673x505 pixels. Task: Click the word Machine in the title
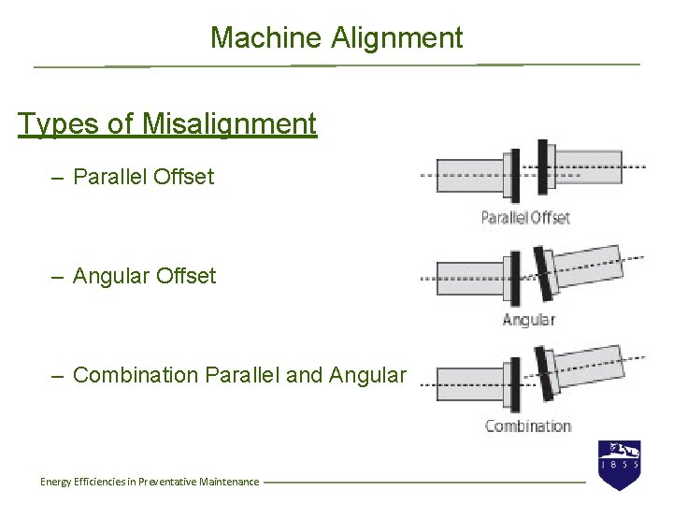click(266, 38)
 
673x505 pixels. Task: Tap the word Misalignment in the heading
click(231, 123)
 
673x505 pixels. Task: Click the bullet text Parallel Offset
click(143, 177)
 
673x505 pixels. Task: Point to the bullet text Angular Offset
click(144, 276)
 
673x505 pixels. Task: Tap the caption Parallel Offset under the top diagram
click(525, 218)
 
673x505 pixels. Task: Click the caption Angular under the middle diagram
click(528, 320)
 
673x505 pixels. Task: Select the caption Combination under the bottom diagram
click(528, 426)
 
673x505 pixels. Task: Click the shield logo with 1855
click(619, 465)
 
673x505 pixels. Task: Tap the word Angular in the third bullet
click(368, 375)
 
